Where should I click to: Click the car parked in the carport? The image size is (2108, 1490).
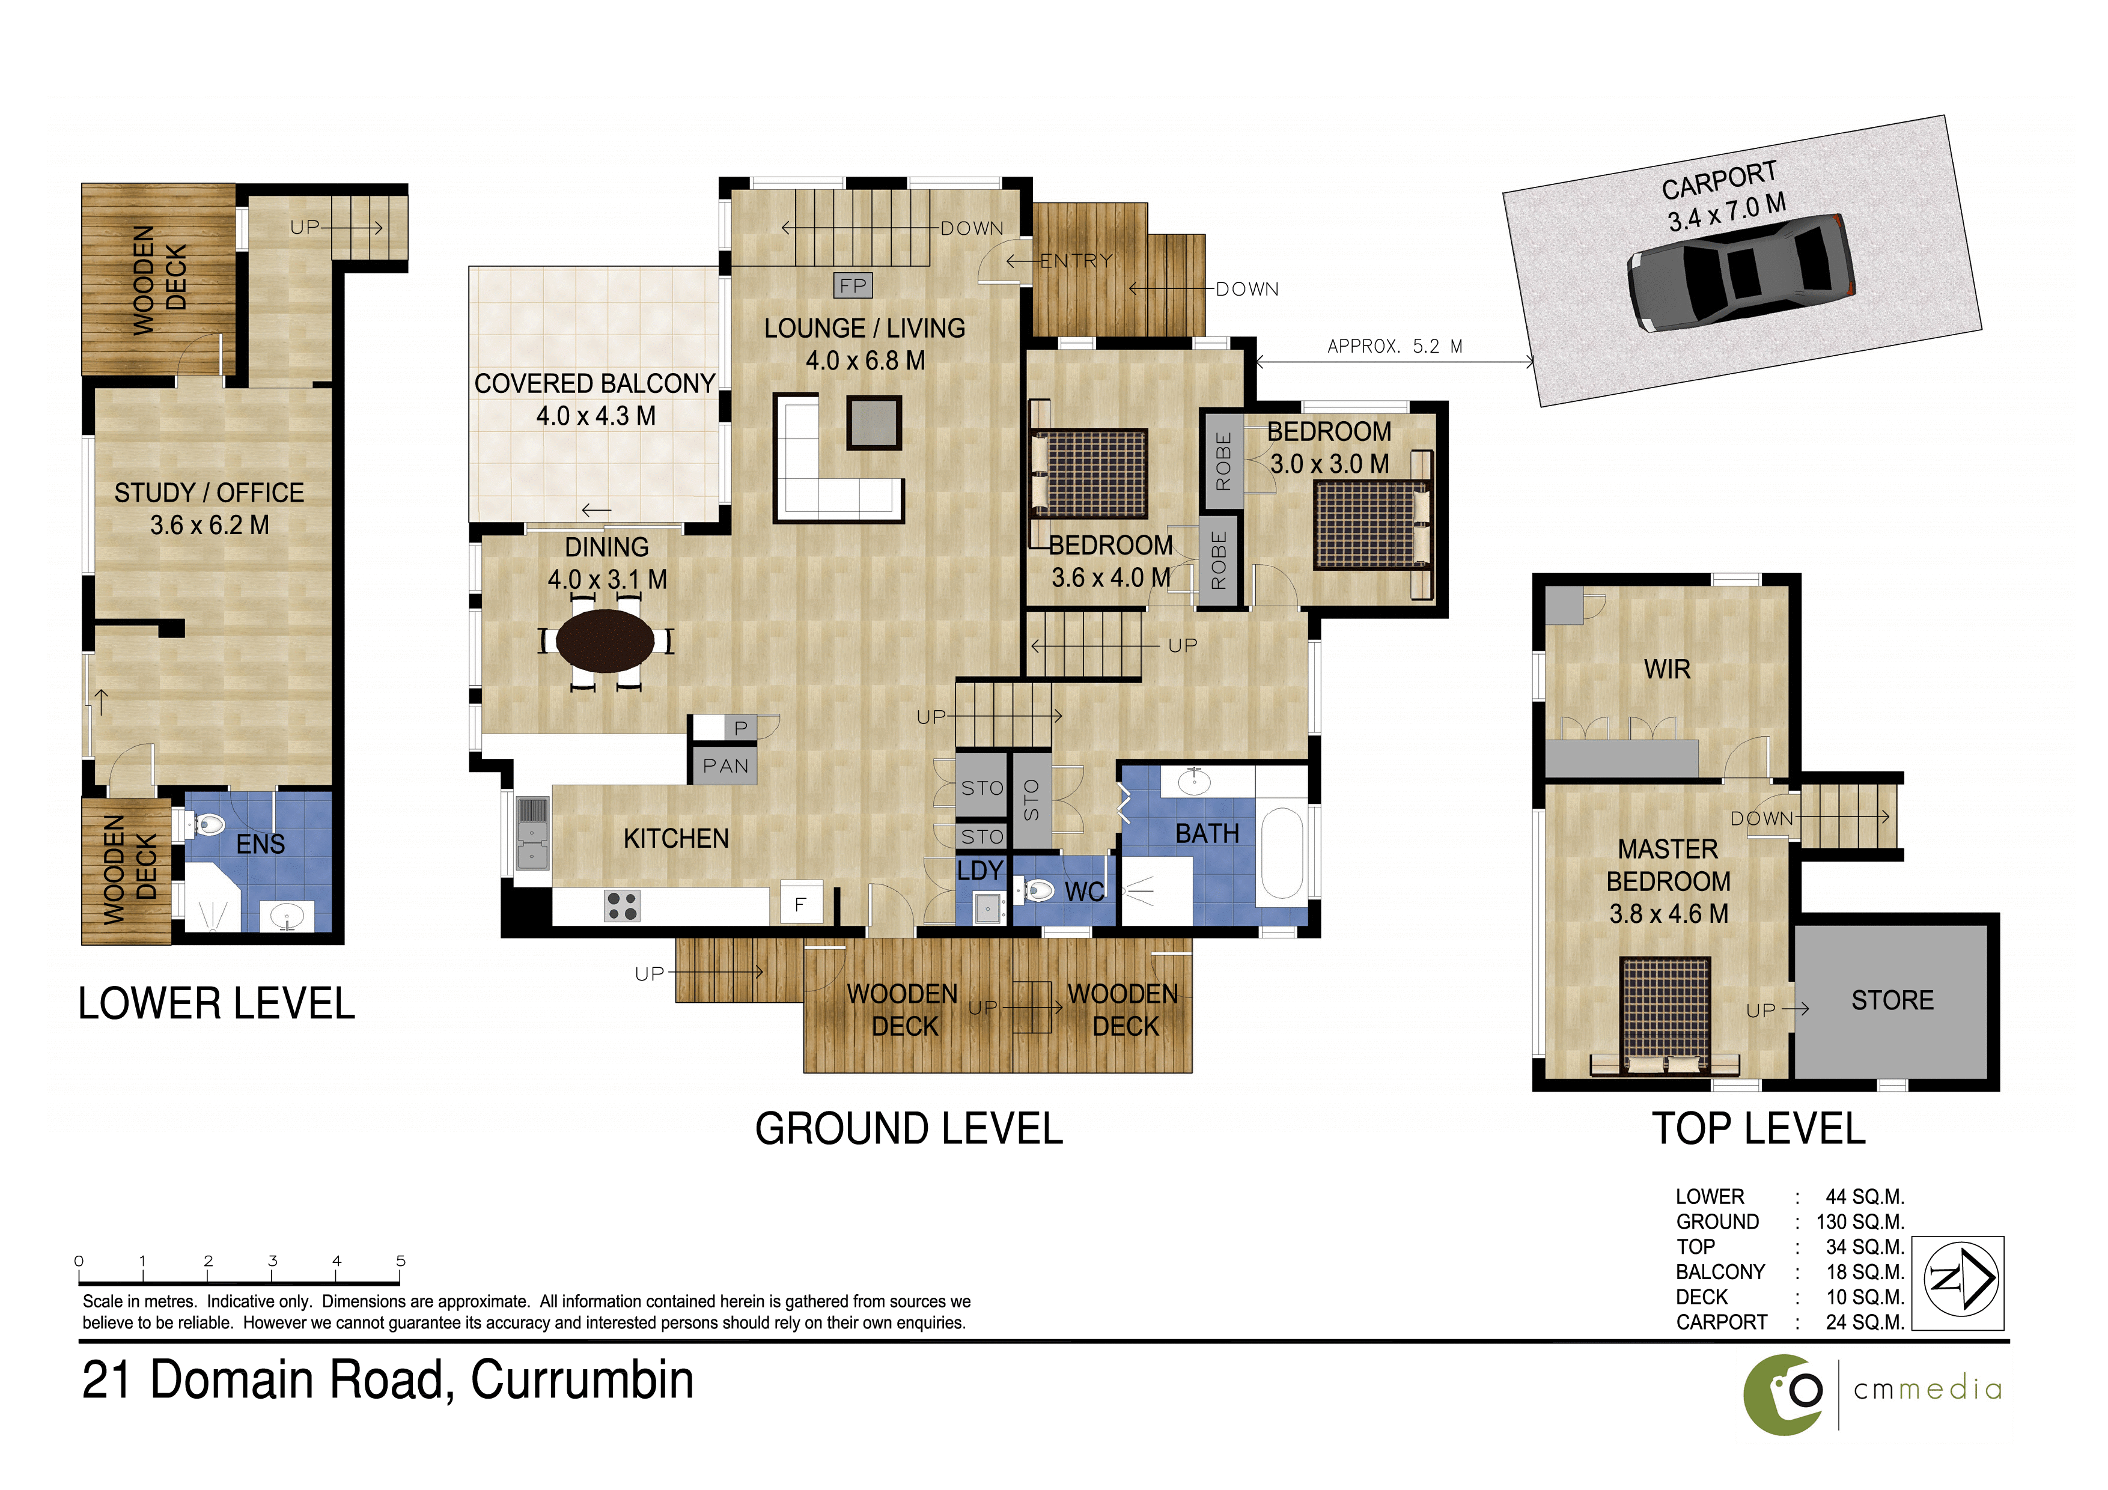(x=1741, y=273)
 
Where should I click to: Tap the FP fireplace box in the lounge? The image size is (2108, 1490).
(x=853, y=285)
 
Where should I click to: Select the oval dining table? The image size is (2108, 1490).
(x=605, y=640)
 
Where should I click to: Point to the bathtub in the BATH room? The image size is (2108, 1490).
(x=1282, y=853)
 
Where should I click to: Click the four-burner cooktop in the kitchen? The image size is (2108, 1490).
(x=623, y=906)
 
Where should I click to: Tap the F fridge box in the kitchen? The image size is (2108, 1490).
(x=800, y=904)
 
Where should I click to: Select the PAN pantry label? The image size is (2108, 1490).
(x=725, y=765)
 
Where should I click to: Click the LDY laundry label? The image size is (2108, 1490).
(x=981, y=871)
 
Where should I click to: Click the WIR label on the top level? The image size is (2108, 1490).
(x=1668, y=669)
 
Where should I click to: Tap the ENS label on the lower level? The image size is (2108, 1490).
(x=261, y=845)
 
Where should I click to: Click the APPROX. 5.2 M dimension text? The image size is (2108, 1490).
(x=1395, y=346)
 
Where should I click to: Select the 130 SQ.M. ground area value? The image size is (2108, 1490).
(x=1860, y=1222)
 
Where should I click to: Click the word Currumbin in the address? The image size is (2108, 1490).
(x=582, y=1380)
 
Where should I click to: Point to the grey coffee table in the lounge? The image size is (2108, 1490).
(x=873, y=423)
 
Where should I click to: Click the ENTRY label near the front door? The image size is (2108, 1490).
(x=1076, y=261)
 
